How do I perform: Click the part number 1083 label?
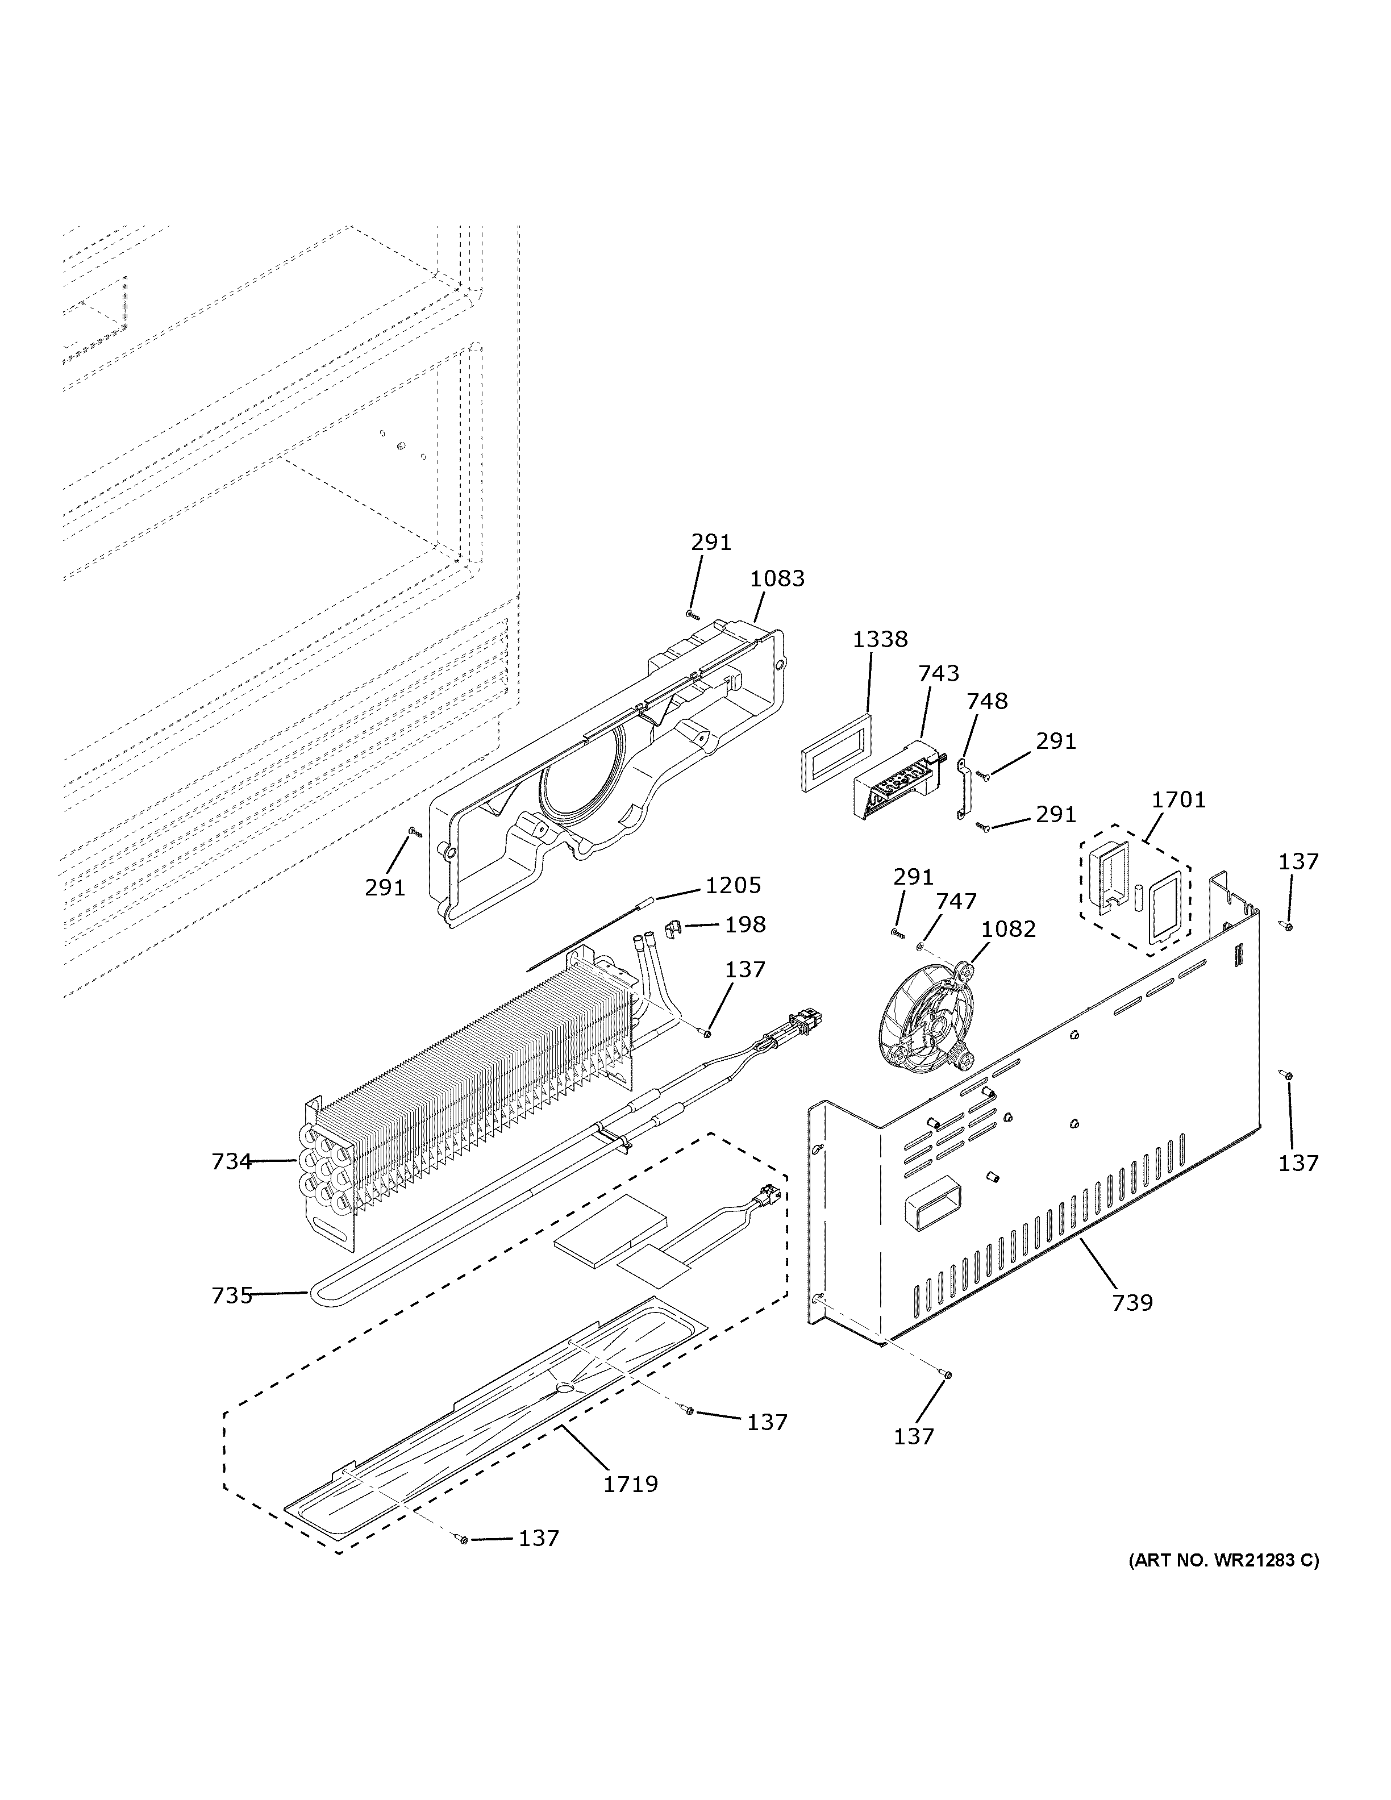click(x=777, y=578)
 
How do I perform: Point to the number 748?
click(x=987, y=701)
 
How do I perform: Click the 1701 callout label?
click(x=1178, y=799)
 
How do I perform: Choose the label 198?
click(x=745, y=925)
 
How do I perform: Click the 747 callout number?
click(x=956, y=902)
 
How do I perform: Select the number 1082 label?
click(x=1009, y=929)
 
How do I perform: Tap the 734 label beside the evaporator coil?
click(x=231, y=1161)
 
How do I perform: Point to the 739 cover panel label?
click(x=1132, y=1302)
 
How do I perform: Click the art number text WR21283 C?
click(x=1223, y=1560)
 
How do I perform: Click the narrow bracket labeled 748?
click(x=961, y=790)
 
